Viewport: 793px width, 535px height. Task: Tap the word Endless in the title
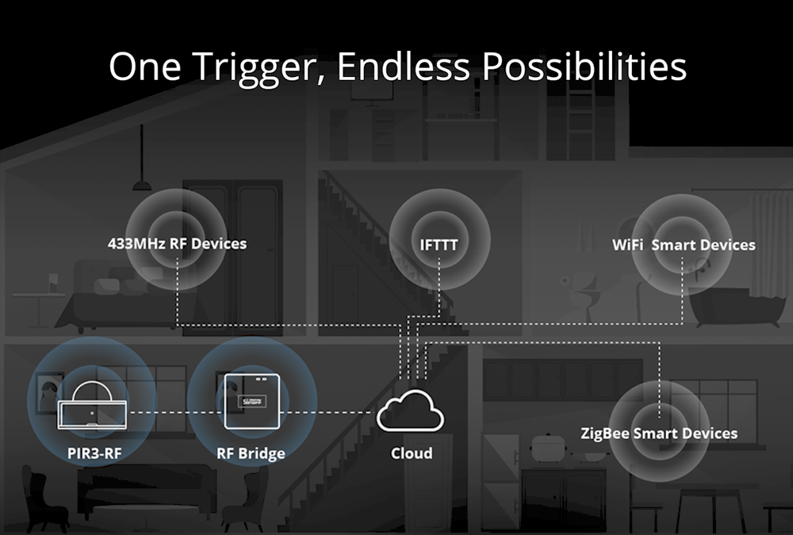pos(404,66)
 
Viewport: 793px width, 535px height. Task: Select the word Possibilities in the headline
pos(584,67)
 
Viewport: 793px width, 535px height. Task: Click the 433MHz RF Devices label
pos(177,244)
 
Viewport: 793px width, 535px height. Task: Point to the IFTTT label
pos(439,245)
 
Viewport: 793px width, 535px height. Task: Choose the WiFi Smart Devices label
pos(684,245)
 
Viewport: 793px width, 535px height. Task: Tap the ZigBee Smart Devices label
pos(658,434)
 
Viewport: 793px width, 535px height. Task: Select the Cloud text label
pos(412,453)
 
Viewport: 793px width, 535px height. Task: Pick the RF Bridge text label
pos(251,453)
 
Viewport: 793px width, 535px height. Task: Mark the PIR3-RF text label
pos(94,453)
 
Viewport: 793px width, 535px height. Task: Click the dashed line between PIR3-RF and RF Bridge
pos(175,413)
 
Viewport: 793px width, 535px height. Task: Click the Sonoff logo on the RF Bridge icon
pos(252,402)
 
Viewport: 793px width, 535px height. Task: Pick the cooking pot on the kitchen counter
pos(547,447)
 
